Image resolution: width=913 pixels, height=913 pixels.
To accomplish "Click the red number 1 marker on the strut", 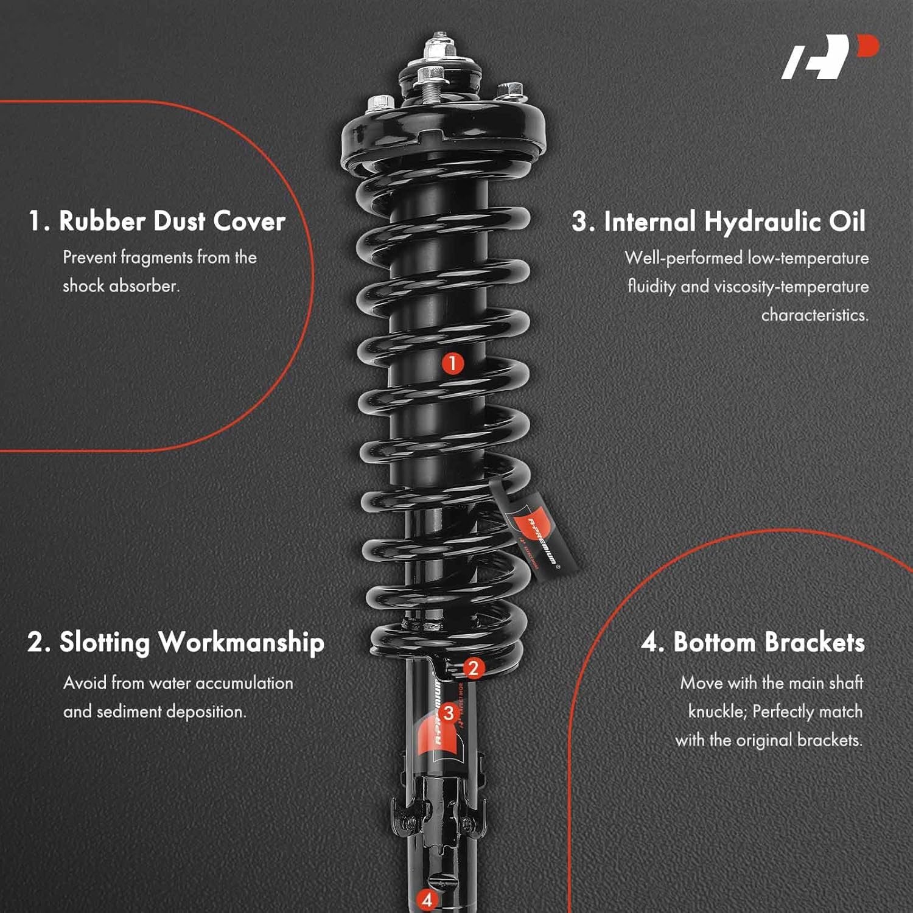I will click(x=452, y=363).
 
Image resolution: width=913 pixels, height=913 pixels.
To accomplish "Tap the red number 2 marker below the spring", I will click(x=474, y=668).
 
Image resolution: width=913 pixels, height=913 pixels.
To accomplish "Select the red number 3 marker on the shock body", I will click(x=449, y=713).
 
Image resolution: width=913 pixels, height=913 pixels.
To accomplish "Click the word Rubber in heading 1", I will click(x=102, y=221).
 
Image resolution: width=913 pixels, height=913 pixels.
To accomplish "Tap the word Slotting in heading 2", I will click(x=104, y=643).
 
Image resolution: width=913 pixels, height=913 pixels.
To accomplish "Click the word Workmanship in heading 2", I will click(x=241, y=643).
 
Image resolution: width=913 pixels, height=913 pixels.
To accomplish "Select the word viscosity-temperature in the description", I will click(x=791, y=287).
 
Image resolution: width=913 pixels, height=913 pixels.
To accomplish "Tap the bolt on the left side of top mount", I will click(x=379, y=103).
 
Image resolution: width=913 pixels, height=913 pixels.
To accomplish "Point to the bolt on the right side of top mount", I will click(x=510, y=91).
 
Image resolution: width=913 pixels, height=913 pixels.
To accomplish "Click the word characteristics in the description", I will click(x=814, y=315).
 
